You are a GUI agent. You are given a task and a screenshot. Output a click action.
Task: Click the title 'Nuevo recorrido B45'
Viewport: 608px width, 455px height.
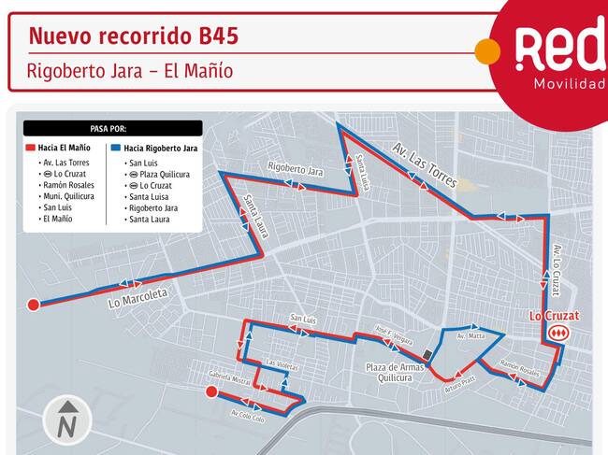(x=133, y=36)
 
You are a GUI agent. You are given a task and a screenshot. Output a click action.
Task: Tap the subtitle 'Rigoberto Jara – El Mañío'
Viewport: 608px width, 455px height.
(x=129, y=71)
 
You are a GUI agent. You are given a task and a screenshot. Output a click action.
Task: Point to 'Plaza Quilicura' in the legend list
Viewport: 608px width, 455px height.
(x=158, y=174)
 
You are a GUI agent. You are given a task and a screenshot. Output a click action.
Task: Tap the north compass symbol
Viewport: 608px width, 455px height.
(x=67, y=419)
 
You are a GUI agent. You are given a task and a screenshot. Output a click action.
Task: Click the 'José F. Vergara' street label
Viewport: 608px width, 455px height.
(x=393, y=334)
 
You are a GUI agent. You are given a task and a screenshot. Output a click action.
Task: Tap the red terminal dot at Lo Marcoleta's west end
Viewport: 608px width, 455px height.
(x=34, y=304)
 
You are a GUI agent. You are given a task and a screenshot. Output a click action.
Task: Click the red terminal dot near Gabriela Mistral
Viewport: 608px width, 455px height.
(x=212, y=393)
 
